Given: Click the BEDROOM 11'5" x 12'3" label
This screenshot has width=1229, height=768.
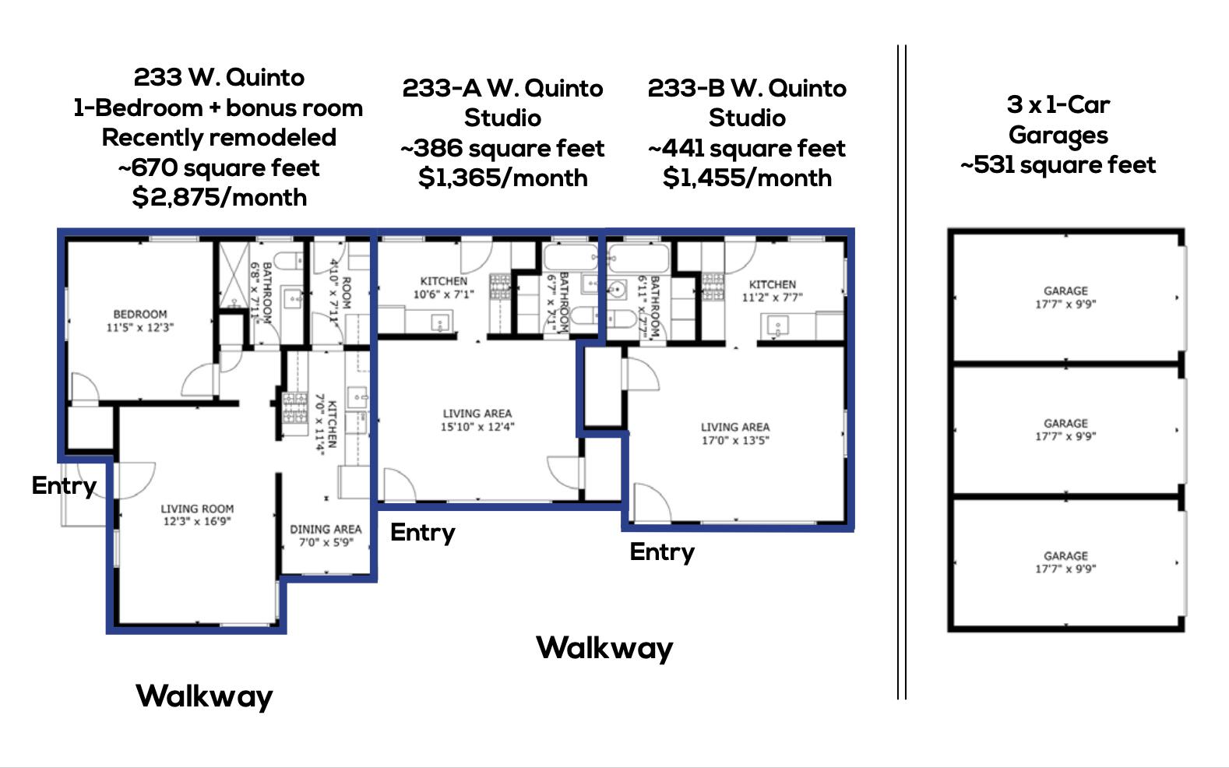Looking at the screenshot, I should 140,321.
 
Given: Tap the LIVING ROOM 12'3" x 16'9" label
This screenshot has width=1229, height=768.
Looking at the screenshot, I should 197,515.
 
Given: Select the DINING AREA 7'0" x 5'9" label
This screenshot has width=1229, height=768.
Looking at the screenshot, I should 326,535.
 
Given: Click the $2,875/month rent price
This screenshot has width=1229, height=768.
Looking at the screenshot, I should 220,197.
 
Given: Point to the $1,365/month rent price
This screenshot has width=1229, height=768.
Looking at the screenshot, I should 502,178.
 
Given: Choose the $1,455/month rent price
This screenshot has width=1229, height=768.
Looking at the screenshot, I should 747,178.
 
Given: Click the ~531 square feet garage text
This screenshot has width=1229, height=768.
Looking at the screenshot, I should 1058,165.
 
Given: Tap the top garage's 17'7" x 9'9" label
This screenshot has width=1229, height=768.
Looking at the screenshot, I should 1065,305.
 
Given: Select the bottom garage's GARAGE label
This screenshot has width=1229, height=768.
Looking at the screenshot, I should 1065,555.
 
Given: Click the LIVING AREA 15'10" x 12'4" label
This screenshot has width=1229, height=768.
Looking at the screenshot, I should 477,420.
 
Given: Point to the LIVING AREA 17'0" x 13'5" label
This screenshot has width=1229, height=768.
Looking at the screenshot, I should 734,433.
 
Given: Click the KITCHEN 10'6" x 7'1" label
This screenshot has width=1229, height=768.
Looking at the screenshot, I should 444,287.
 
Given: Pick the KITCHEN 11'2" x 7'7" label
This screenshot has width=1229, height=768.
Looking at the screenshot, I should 772,291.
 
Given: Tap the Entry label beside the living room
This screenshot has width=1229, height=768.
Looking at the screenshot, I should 64,485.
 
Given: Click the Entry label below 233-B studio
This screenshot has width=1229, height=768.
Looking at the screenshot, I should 662,551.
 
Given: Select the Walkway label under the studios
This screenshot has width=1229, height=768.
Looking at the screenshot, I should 604,648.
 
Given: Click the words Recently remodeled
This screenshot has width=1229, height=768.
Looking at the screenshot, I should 219,137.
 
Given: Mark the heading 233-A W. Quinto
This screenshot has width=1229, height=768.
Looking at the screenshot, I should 502,88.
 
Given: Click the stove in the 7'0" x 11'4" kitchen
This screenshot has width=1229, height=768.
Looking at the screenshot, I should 295,409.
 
